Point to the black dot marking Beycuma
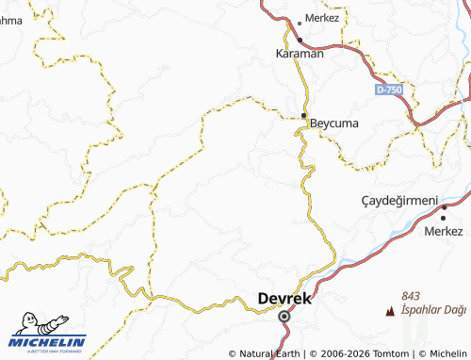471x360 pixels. pyautogui.click(x=303, y=117)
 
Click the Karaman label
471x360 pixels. pyautogui.click(x=300, y=54)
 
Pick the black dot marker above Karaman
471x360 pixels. pyautogui.click(x=300, y=40)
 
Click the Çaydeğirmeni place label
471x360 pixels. pyautogui.click(x=400, y=201)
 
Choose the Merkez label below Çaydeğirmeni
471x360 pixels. pyautogui.click(x=444, y=231)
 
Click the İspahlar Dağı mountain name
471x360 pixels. pyautogui.click(x=433, y=309)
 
